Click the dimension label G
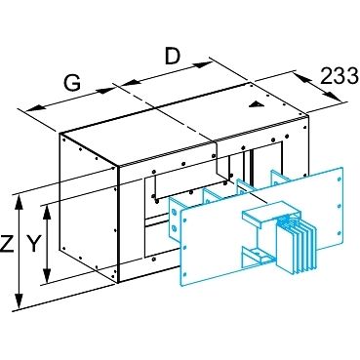pos(72,83)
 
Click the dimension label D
pos(173,57)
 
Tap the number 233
pos(340,76)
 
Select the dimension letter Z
pos(7,244)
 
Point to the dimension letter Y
pos(33,244)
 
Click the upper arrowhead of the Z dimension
pos(20,202)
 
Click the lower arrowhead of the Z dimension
pos(20,300)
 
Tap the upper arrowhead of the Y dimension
pos(48,212)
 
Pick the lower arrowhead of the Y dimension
pos(48,275)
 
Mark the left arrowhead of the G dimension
pos(34,108)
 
